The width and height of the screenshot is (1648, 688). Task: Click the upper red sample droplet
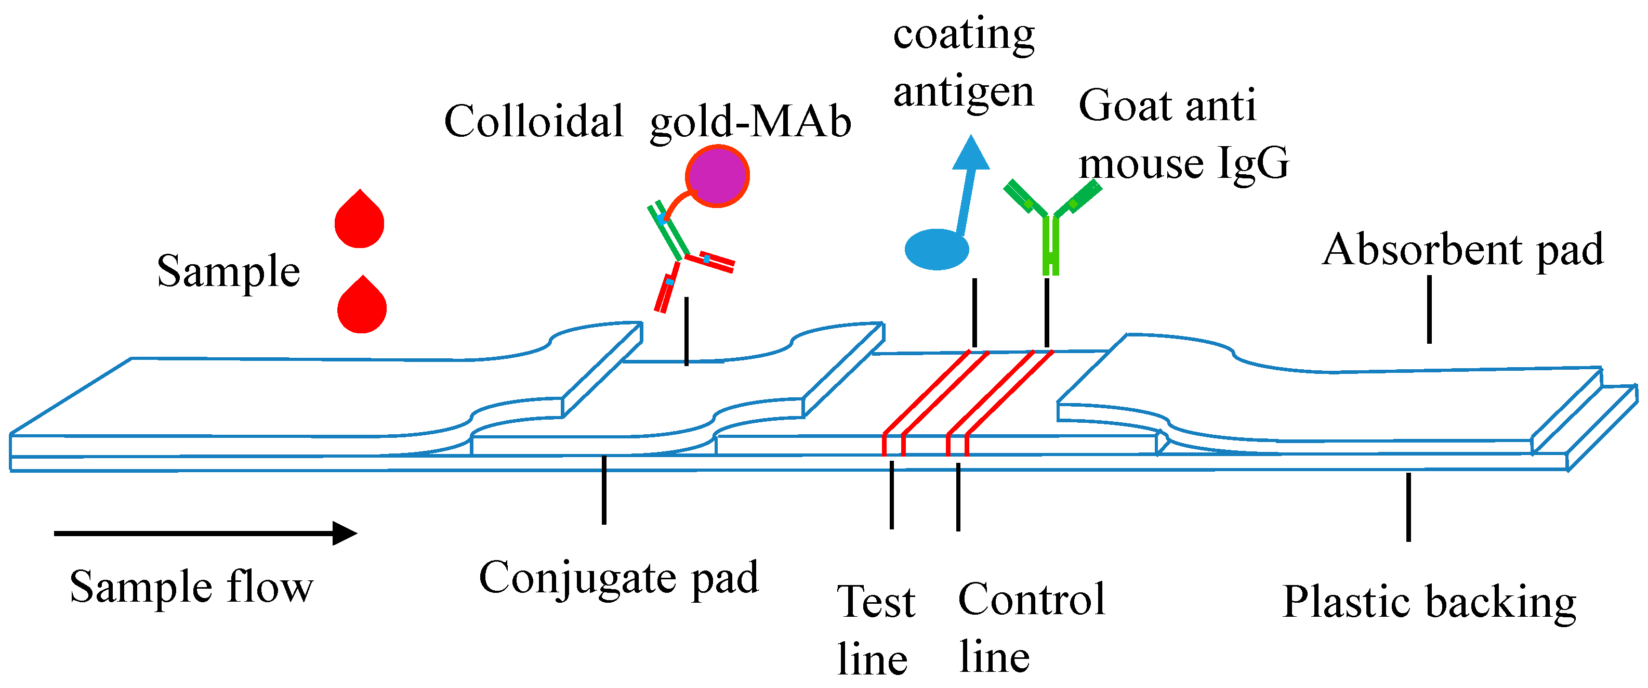click(x=359, y=221)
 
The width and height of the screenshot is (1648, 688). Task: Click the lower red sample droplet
click(x=362, y=307)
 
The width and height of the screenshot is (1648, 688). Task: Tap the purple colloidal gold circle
click(x=717, y=176)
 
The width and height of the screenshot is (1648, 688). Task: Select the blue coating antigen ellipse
click(x=936, y=249)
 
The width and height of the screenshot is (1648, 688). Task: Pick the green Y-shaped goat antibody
click(x=1050, y=224)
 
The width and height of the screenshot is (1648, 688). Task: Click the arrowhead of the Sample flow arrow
click(x=346, y=533)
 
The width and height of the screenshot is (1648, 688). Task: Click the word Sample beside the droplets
click(x=228, y=271)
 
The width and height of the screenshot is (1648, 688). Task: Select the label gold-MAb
click(x=750, y=122)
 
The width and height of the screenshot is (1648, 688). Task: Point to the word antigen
click(x=963, y=92)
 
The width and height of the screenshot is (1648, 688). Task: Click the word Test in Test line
click(x=876, y=602)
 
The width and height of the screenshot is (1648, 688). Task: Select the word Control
click(x=1031, y=600)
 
